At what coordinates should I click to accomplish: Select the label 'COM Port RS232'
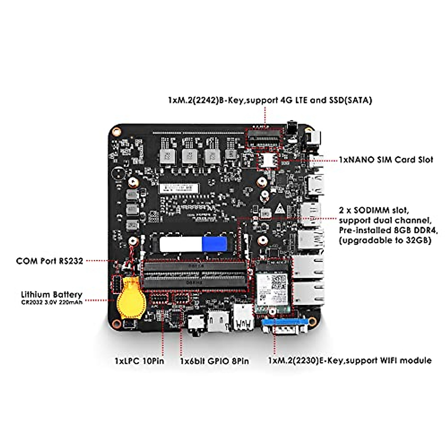(49, 261)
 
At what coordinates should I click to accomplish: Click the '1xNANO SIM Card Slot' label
(386, 160)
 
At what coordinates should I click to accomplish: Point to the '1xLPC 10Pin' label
(139, 361)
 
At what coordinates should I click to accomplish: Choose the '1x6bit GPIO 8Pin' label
(214, 361)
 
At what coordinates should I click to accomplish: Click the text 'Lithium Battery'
(51, 294)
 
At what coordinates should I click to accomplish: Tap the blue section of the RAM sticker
(214, 244)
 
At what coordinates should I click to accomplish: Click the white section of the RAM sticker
(180, 244)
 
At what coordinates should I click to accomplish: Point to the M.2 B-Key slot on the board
(264, 139)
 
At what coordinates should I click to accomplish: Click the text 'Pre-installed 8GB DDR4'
(385, 230)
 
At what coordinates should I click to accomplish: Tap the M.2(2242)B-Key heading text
(270, 100)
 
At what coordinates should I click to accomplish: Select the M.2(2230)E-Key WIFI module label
(350, 360)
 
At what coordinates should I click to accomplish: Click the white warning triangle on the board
(279, 209)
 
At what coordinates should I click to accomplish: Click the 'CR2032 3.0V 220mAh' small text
(52, 302)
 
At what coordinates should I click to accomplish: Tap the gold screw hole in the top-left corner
(117, 132)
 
